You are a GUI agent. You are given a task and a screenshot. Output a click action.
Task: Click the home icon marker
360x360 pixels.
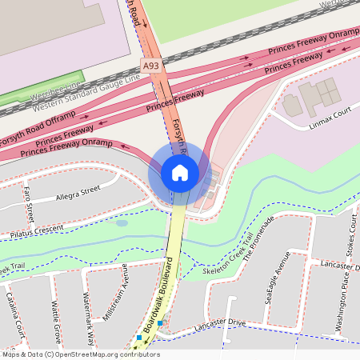point(180,173)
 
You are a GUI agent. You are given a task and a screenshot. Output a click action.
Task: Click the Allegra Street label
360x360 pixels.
point(78,194)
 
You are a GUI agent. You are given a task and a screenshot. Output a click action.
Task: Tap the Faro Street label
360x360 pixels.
point(29,202)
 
